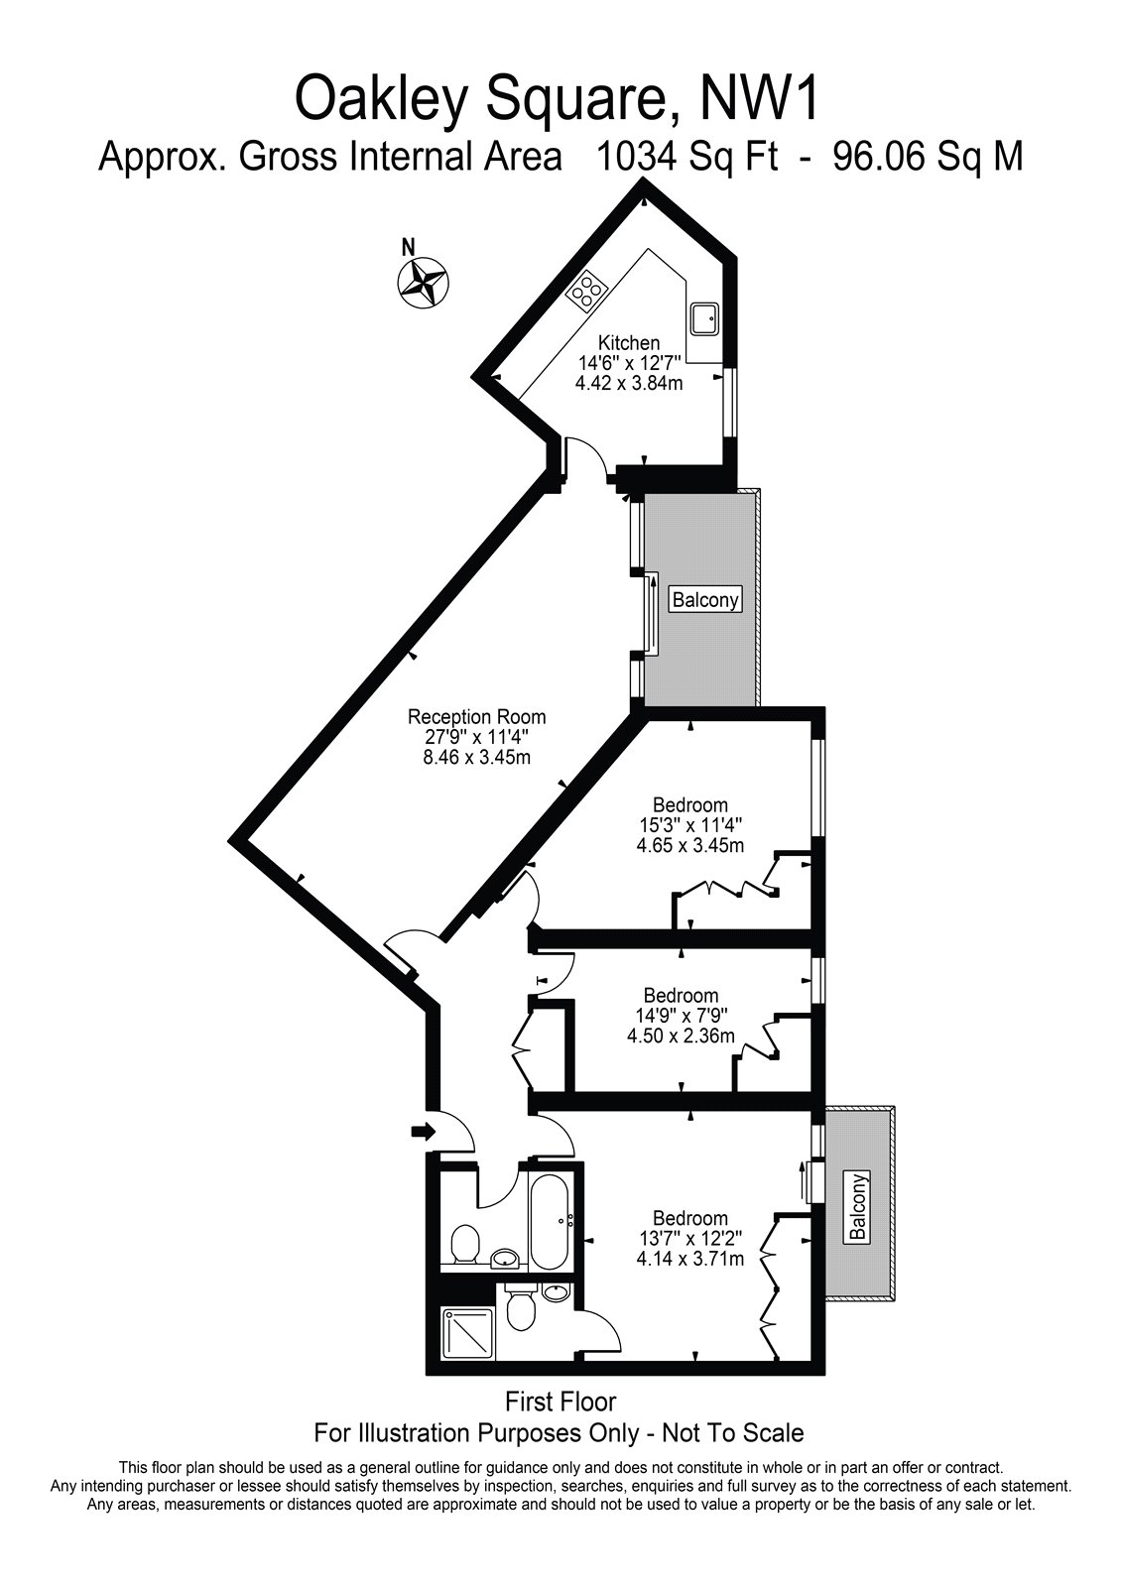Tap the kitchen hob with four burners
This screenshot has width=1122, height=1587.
pos(586,290)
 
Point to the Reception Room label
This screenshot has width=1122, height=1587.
pos(477,716)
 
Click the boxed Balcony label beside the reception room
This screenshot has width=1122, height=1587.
pos(706,600)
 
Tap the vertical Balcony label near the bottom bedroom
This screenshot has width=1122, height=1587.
pos(858,1207)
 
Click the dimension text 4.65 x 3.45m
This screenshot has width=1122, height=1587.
pos(689,846)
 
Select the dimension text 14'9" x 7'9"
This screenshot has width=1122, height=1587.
pos(681,1016)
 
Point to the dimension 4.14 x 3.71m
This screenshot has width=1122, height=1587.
pos(689,1260)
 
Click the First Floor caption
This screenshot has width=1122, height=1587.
pos(561,1402)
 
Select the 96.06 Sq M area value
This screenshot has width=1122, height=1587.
pos(928,157)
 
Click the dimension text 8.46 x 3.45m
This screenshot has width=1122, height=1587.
pos(477,758)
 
